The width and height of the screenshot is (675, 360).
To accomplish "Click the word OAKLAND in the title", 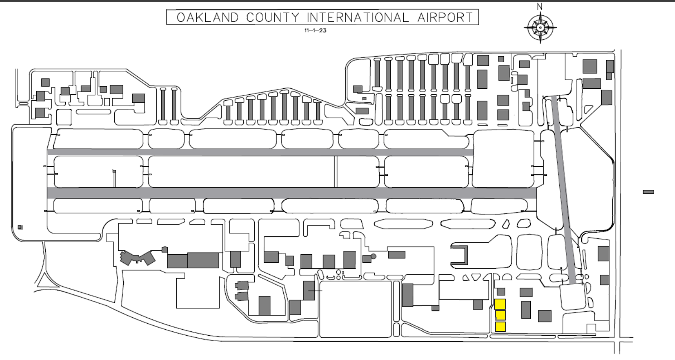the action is (208, 17).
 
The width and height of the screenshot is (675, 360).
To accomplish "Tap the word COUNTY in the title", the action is (273, 17).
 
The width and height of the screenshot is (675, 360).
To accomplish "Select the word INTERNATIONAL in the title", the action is (358, 17).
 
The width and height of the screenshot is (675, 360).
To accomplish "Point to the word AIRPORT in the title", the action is (445, 17).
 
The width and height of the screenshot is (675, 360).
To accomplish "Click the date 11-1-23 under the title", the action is (315, 30).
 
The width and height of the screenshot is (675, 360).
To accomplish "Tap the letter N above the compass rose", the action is (540, 7).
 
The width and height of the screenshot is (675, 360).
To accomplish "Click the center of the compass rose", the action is (540, 28).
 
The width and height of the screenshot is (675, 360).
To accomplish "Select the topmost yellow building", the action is (500, 304).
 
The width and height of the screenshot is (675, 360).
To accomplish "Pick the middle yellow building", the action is (500, 315).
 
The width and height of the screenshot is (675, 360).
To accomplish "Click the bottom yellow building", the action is (500, 327).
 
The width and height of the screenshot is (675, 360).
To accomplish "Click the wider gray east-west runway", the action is (292, 193).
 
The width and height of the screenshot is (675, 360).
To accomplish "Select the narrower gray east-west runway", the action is (260, 152).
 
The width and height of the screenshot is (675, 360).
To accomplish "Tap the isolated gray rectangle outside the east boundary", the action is (649, 192).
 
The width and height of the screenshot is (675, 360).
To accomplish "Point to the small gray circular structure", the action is (373, 256).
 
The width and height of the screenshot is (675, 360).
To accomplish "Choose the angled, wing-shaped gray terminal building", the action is (137, 258).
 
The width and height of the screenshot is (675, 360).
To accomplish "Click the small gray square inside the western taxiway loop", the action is (20, 227).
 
